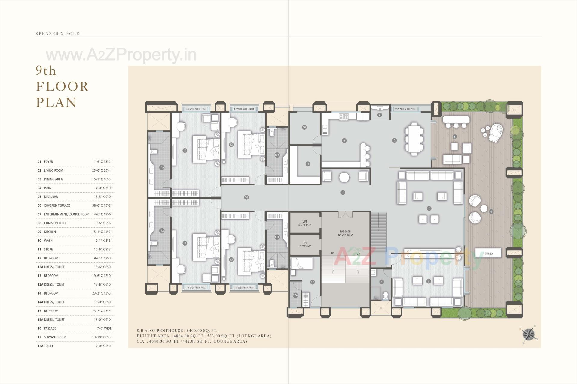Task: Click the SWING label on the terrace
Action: [x=489, y=253]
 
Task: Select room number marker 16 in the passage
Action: [x=246, y=197]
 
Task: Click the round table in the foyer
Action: [x=344, y=177]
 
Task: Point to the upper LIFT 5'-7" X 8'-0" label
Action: [x=305, y=223]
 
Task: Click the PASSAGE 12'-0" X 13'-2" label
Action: [x=345, y=233]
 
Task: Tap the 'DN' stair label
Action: [x=333, y=253]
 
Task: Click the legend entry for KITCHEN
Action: [x=50, y=232]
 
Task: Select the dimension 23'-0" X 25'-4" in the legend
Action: [x=102, y=170]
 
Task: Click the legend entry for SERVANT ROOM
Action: [x=55, y=337]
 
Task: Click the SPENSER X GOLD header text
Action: [x=58, y=34]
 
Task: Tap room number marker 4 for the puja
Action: [x=380, y=115]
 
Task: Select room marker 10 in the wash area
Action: [x=304, y=127]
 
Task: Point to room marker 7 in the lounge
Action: [x=429, y=281]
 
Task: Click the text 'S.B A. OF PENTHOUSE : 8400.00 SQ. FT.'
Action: [x=177, y=331]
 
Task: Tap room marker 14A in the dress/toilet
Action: [x=162, y=167]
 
